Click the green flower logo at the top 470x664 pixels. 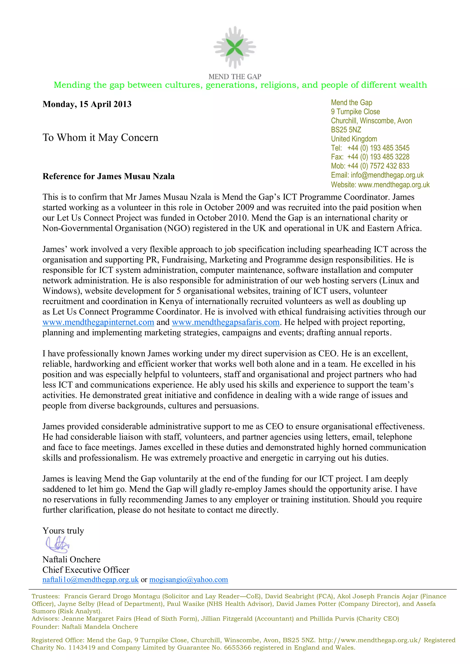click(x=235, y=47)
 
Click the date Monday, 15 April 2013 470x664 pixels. click(x=87, y=104)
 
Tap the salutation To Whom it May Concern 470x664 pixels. click(x=101, y=137)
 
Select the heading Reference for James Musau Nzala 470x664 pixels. click(x=109, y=176)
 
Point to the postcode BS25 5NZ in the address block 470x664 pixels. click(x=346, y=130)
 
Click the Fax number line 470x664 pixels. click(x=370, y=157)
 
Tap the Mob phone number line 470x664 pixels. click(x=370, y=166)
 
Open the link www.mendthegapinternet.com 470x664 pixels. click(x=98, y=322)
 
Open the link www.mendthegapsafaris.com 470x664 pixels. click(x=225, y=322)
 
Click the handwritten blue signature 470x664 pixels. click(x=58, y=545)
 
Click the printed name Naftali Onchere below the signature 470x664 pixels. click(x=71, y=559)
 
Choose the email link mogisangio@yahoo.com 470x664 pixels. click(x=188, y=580)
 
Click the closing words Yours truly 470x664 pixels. click(x=63, y=531)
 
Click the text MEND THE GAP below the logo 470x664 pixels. click(x=235, y=77)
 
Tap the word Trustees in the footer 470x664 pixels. click(x=45, y=596)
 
